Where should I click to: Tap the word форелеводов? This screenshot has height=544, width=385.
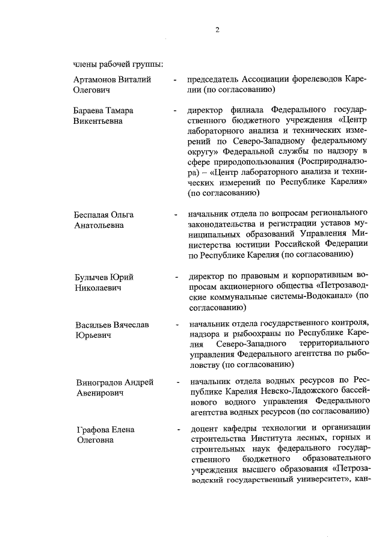click(x=320, y=79)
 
